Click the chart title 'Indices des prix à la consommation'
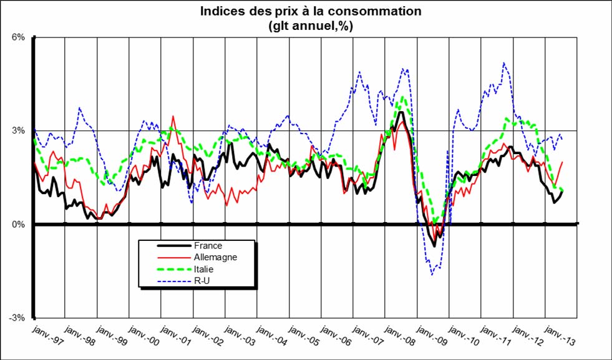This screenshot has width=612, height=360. coord(310,11)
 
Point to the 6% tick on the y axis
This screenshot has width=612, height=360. coord(18,37)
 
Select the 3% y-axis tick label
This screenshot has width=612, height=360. coord(18,131)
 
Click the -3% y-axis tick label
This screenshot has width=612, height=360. coord(17,318)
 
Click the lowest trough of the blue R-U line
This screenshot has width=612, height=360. coord(431,275)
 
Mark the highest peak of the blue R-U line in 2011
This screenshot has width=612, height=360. coord(503,62)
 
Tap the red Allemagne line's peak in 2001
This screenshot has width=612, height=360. coord(173,116)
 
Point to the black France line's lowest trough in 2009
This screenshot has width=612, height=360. coord(434,246)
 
